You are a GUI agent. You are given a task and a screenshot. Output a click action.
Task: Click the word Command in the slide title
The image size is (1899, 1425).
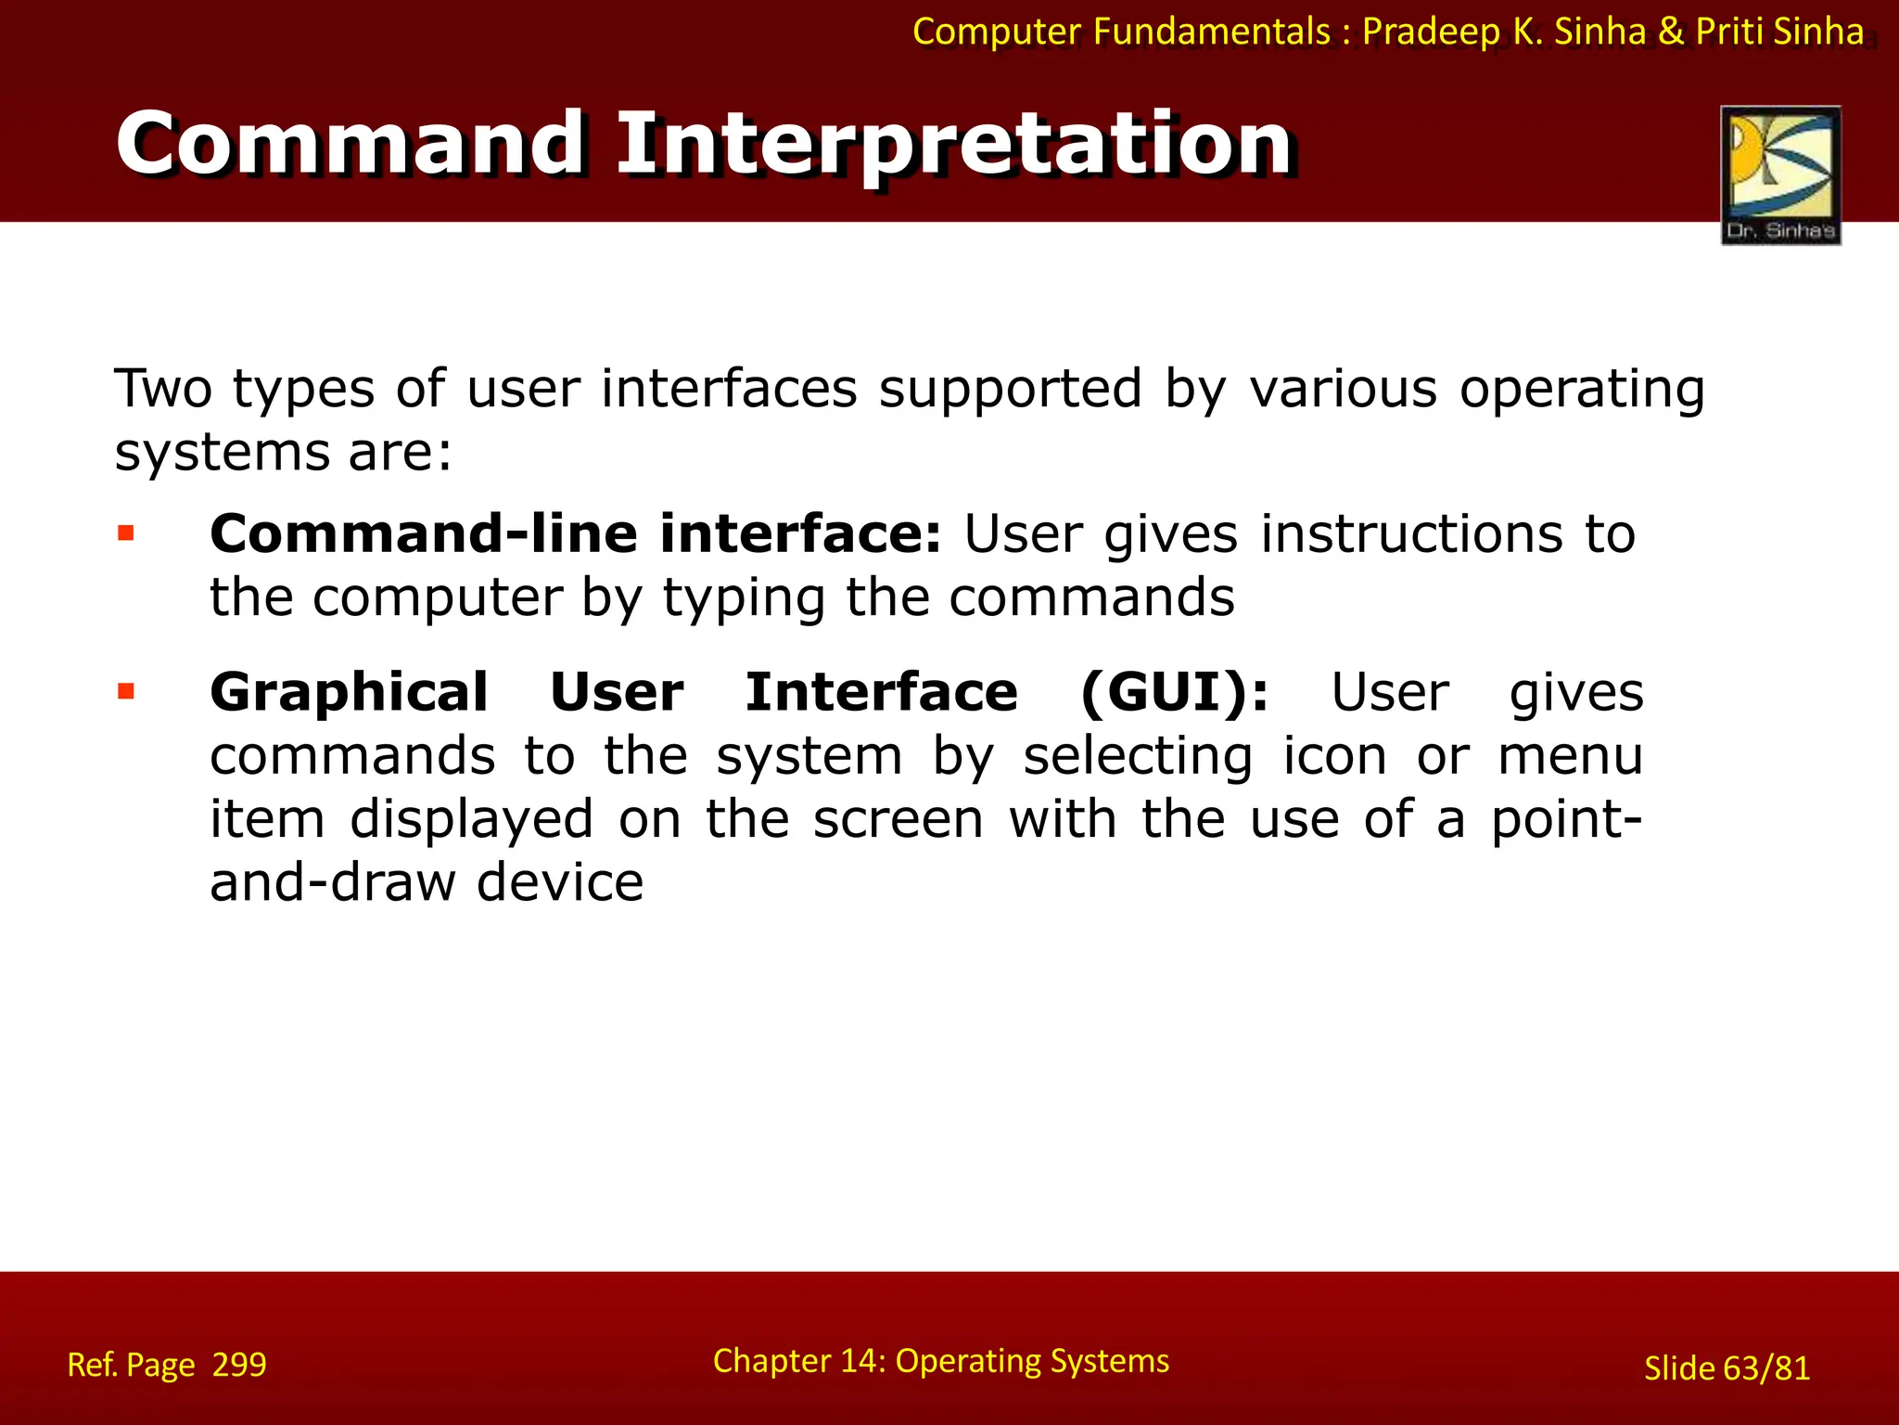pos(350,143)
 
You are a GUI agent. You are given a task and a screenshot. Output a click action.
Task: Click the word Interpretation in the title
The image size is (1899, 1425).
pos(955,143)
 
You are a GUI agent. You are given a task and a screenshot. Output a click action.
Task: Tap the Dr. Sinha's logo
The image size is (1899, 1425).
pos(1780,174)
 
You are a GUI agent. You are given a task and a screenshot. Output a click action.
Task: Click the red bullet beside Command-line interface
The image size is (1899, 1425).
pos(126,533)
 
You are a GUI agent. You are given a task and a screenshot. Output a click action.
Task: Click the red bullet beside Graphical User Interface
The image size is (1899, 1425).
pos(126,691)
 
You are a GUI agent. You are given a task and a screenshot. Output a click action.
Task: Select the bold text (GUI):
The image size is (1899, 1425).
pos(1174,692)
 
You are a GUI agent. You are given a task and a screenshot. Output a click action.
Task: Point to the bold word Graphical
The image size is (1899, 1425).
pos(349,692)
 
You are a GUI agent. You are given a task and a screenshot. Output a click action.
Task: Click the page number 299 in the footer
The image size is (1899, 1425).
pos(239,1365)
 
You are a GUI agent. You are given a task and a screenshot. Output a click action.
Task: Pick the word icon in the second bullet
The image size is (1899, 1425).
pos(1334,755)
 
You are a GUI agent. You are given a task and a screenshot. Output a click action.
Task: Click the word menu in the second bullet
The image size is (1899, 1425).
pos(1571,755)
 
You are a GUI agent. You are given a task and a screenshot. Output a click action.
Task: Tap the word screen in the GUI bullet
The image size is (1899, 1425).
pos(898,819)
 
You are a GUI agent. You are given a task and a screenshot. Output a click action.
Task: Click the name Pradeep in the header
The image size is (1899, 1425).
pos(1430,32)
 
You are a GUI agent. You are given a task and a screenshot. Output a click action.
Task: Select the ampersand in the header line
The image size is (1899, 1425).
pos(1670,32)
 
